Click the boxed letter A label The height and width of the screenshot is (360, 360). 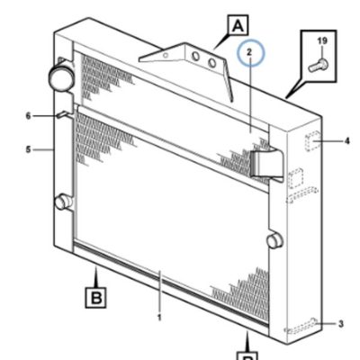(x=238, y=25)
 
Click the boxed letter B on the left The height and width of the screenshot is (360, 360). (x=96, y=297)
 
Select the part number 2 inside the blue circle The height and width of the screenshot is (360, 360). (x=249, y=52)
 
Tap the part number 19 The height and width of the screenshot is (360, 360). (x=322, y=41)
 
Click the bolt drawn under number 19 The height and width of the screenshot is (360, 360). (x=318, y=65)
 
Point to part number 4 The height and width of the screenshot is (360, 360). (x=346, y=140)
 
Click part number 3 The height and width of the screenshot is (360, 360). (x=341, y=324)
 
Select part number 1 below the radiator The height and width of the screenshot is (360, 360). (x=159, y=318)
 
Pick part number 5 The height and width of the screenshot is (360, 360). (x=28, y=149)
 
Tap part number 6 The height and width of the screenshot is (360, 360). (x=28, y=116)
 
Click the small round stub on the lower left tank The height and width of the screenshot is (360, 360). (x=62, y=202)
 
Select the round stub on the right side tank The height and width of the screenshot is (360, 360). (x=274, y=240)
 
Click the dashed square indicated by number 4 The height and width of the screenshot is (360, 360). (x=312, y=141)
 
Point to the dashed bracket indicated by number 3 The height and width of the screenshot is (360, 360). (x=301, y=326)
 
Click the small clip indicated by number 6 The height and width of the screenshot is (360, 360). (x=64, y=115)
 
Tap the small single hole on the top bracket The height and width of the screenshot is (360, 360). (x=166, y=55)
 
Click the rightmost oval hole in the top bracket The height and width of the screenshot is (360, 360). (x=212, y=63)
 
